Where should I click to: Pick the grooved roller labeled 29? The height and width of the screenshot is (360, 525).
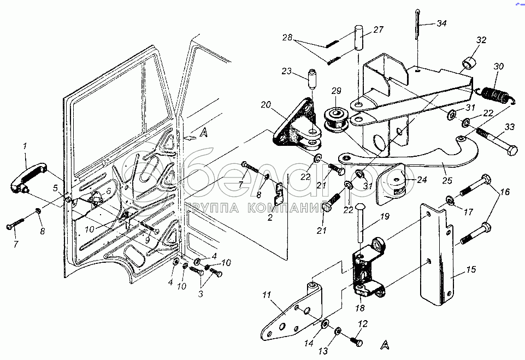[x=337, y=119]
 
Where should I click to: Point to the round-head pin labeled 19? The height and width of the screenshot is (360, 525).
[x=359, y=223]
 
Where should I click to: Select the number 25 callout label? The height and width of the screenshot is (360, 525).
[x=447, y=180]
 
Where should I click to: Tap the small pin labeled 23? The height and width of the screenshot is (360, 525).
[x=312, y=79]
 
